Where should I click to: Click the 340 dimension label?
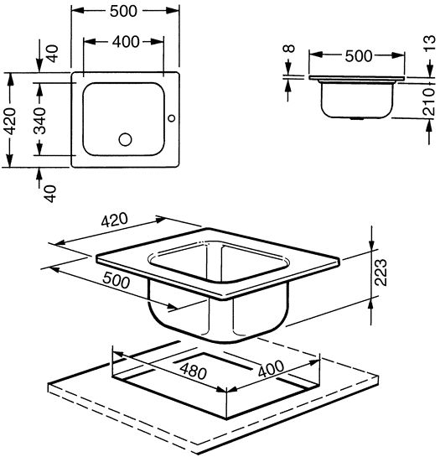tap(39, 121)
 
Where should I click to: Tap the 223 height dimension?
tap(380, 273)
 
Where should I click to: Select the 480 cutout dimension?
tap(194, 371)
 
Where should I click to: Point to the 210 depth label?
tap(429, 101)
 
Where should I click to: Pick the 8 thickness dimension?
tap(289, 49)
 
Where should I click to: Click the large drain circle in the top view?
tap(126, 139)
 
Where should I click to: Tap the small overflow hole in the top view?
tap(172, 118)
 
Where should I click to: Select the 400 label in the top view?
tap(126, 42)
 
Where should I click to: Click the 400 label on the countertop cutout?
tap(271, 369)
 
